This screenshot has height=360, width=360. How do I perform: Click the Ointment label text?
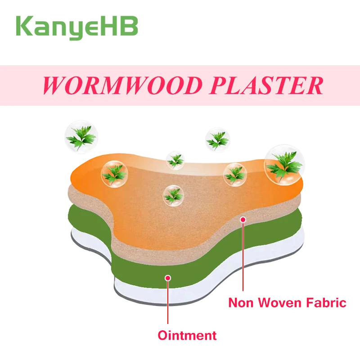(187, 335)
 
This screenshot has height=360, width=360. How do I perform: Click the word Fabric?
(326, 302)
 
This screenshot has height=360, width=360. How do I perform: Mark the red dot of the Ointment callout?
(167, 278)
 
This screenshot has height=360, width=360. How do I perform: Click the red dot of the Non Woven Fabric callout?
(243, 220)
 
